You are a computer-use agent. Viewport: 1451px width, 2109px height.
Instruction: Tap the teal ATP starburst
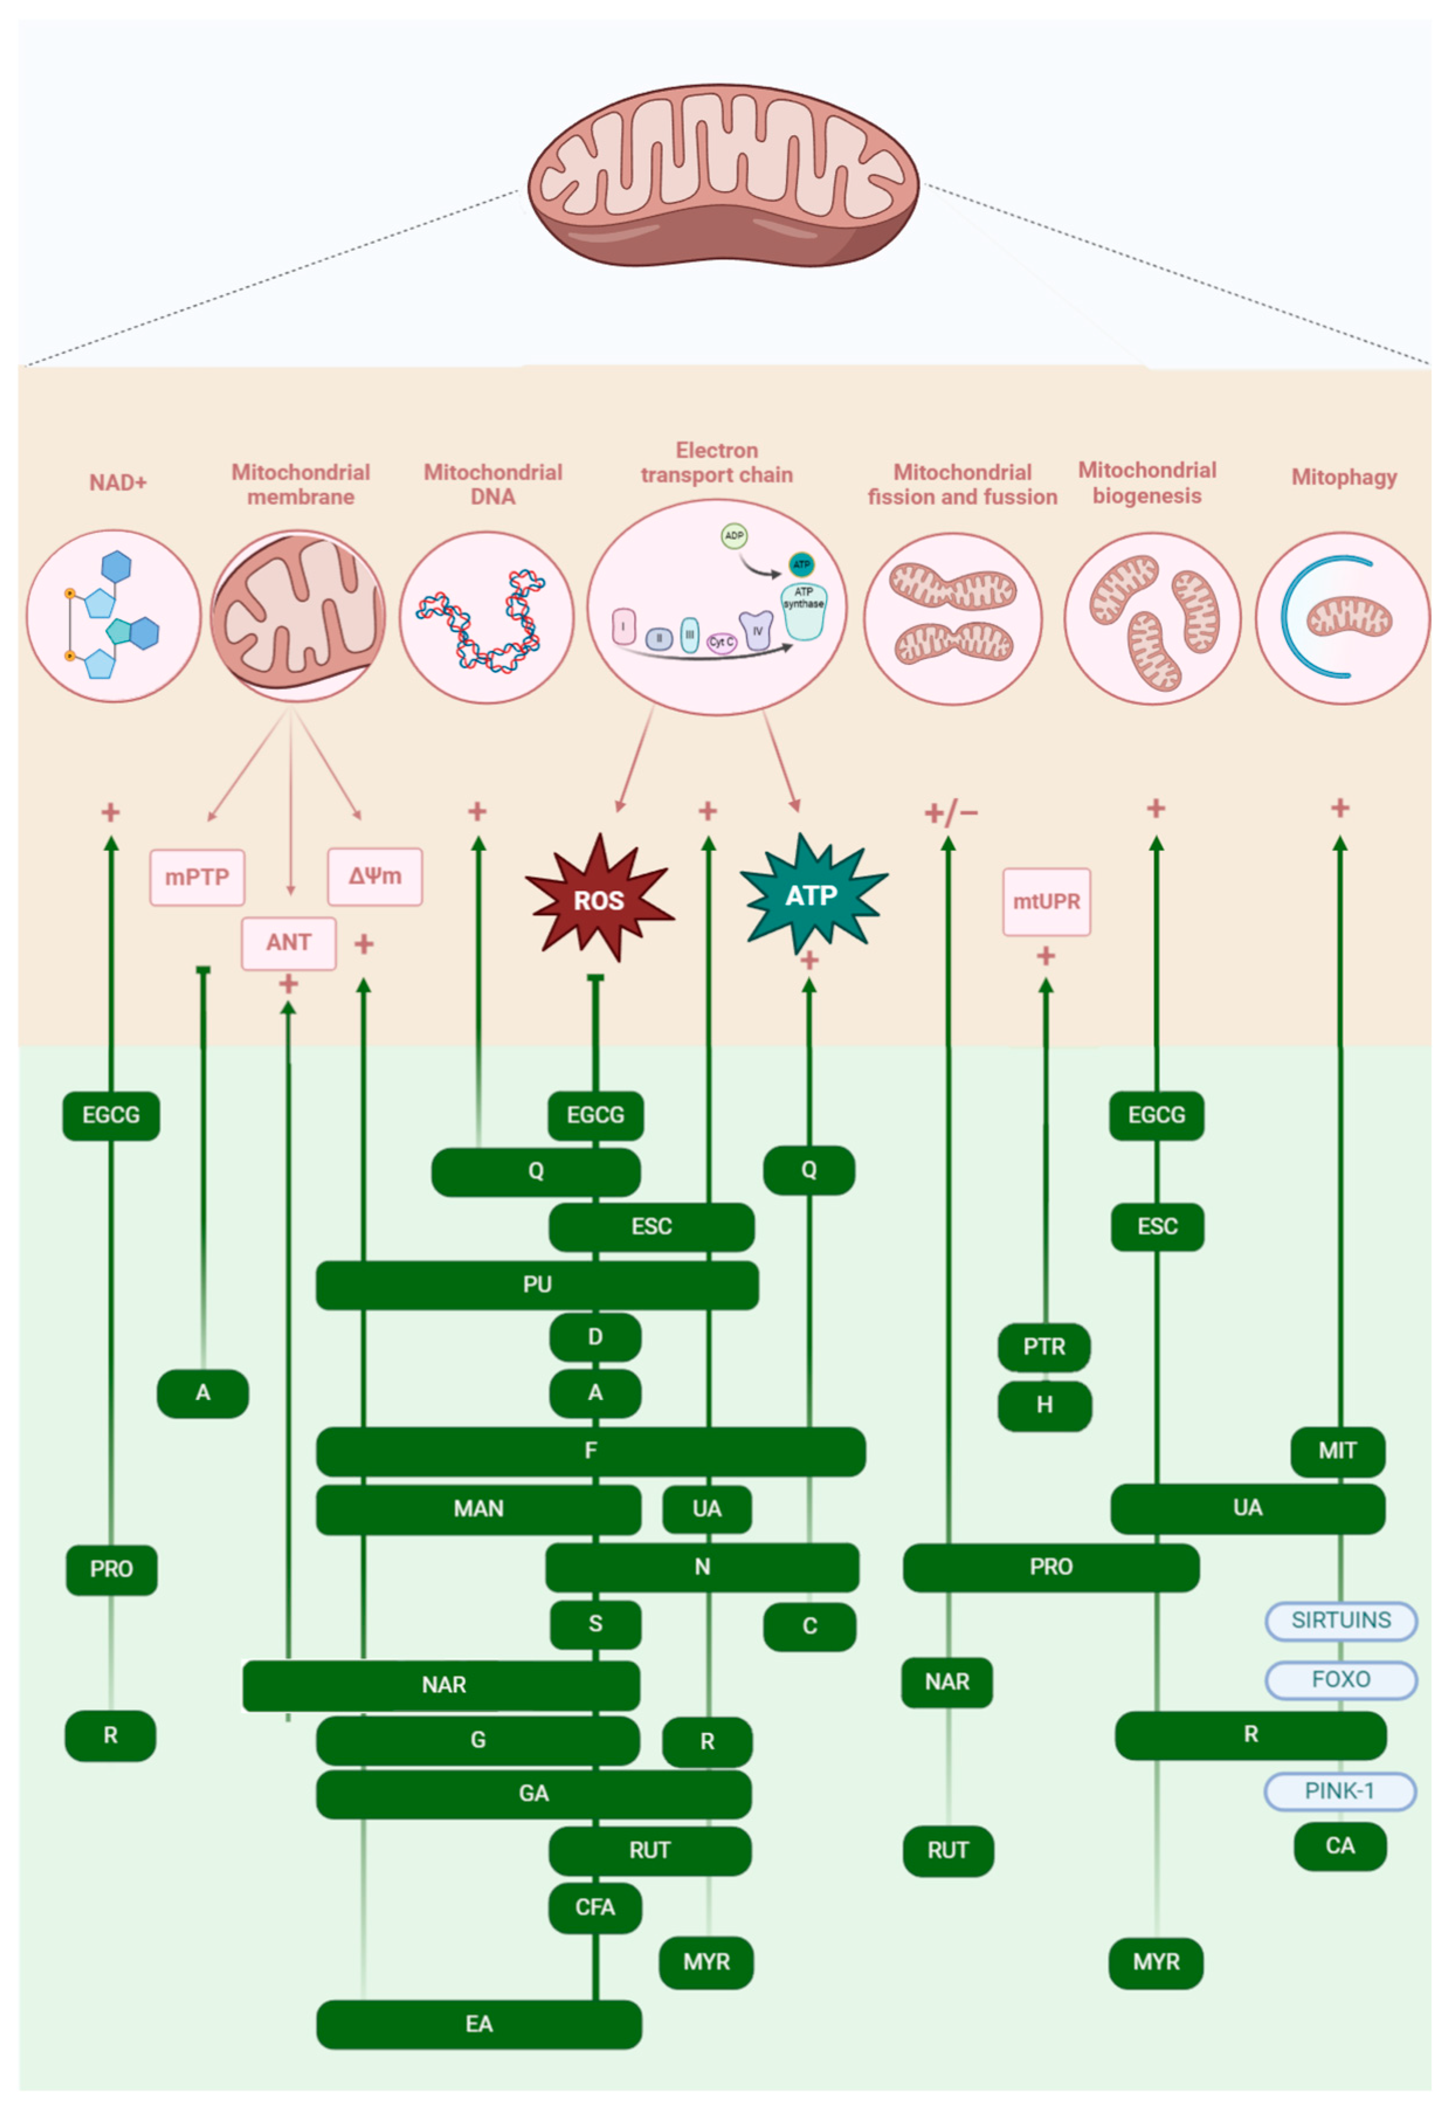[811, 895]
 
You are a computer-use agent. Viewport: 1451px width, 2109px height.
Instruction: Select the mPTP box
[196, 877]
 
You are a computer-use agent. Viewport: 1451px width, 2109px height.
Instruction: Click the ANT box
[288, 942]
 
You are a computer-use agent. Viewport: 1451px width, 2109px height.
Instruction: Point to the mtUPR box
[1046, 901]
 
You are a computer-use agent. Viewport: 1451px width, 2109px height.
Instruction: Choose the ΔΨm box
[375, 876]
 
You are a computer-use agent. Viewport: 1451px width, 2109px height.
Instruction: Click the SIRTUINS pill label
[1341, 1619]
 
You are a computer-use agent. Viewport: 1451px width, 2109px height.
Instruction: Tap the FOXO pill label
[1341, 1679]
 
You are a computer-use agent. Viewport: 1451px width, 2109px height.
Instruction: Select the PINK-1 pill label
[1339, 1791]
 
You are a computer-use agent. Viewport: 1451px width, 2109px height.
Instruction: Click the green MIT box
[1338, 1450]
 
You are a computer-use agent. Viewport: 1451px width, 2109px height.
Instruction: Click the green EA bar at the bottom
[479, 2024]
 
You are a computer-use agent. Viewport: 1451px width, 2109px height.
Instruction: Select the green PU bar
[537, 1284]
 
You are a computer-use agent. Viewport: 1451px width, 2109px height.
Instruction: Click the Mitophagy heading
[1343, 477]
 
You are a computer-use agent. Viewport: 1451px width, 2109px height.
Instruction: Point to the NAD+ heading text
[118, 482]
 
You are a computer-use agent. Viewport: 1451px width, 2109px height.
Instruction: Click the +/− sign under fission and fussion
[951, 812]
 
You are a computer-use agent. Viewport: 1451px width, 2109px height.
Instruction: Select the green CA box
[1339, 1845]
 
